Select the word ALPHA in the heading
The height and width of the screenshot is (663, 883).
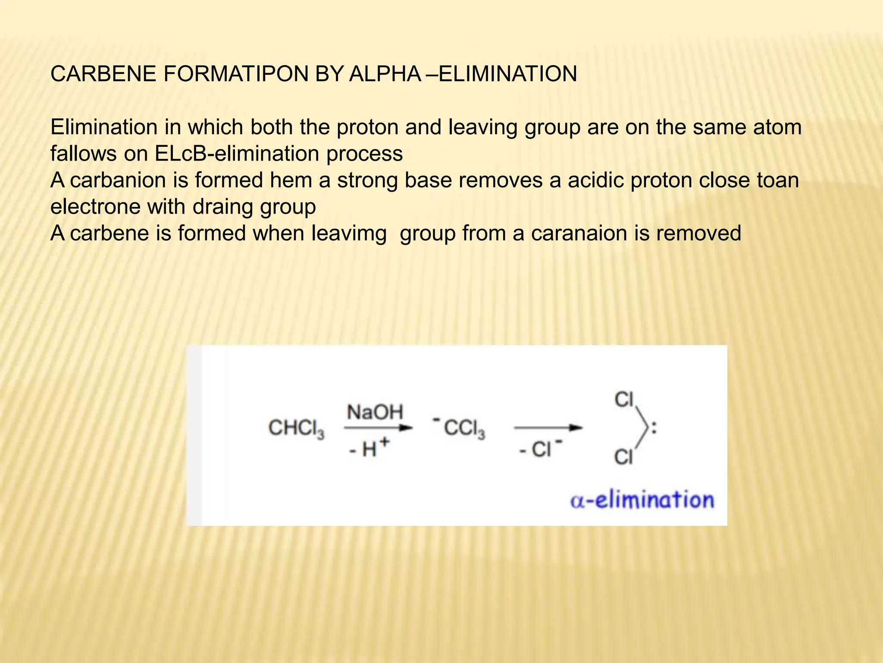pos(385,74)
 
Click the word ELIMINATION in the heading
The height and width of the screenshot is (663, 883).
pos(507,74)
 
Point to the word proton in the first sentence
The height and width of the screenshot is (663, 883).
pos(367,127)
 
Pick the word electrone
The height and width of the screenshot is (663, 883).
pos(95,207)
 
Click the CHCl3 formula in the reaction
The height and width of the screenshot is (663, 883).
pos(296,429)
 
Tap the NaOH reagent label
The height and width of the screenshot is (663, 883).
pos(375,412)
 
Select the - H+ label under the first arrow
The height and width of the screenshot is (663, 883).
pos(369,449)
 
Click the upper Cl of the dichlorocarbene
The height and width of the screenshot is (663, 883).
pos(624,400)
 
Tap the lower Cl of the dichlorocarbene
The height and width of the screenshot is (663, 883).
pos(623,457)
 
